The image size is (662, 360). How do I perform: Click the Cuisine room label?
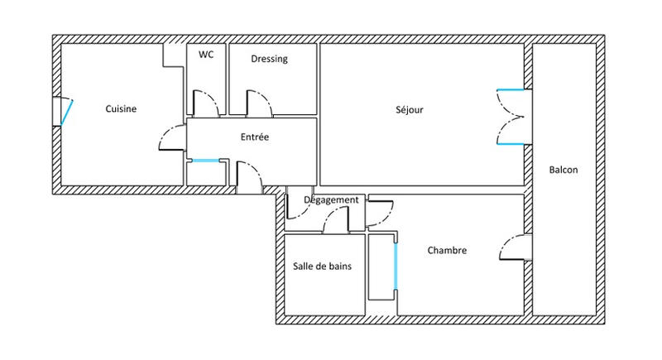pyautogui.click(x=121, y=108)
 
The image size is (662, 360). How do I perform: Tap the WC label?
pyautogui.click(x=206, y=55)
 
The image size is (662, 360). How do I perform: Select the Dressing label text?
pyautogui.click(x=269, y=59)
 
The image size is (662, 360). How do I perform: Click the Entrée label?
pyautogui.click(x=255, y=137)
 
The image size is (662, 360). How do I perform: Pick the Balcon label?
pyautogui.click(x=563, y=170)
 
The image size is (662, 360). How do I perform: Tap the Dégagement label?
pyautogui.click(x=331, y=200)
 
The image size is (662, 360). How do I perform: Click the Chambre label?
pyautogui.click(x=448, y=251)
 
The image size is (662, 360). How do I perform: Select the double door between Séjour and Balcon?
pyautogui.click(x=511, y=117)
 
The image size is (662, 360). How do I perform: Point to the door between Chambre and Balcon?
pyautogui.click(x=513, y=247)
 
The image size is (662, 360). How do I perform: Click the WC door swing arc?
pyautogui.click(x=206, y=103)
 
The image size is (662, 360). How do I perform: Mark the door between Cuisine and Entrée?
pyautogui.click(x=171, y=139)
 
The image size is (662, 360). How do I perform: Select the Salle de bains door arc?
pyautogui.click(x=335, y=220)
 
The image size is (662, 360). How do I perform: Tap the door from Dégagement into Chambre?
pyautogui.click(x=381, y=214)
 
